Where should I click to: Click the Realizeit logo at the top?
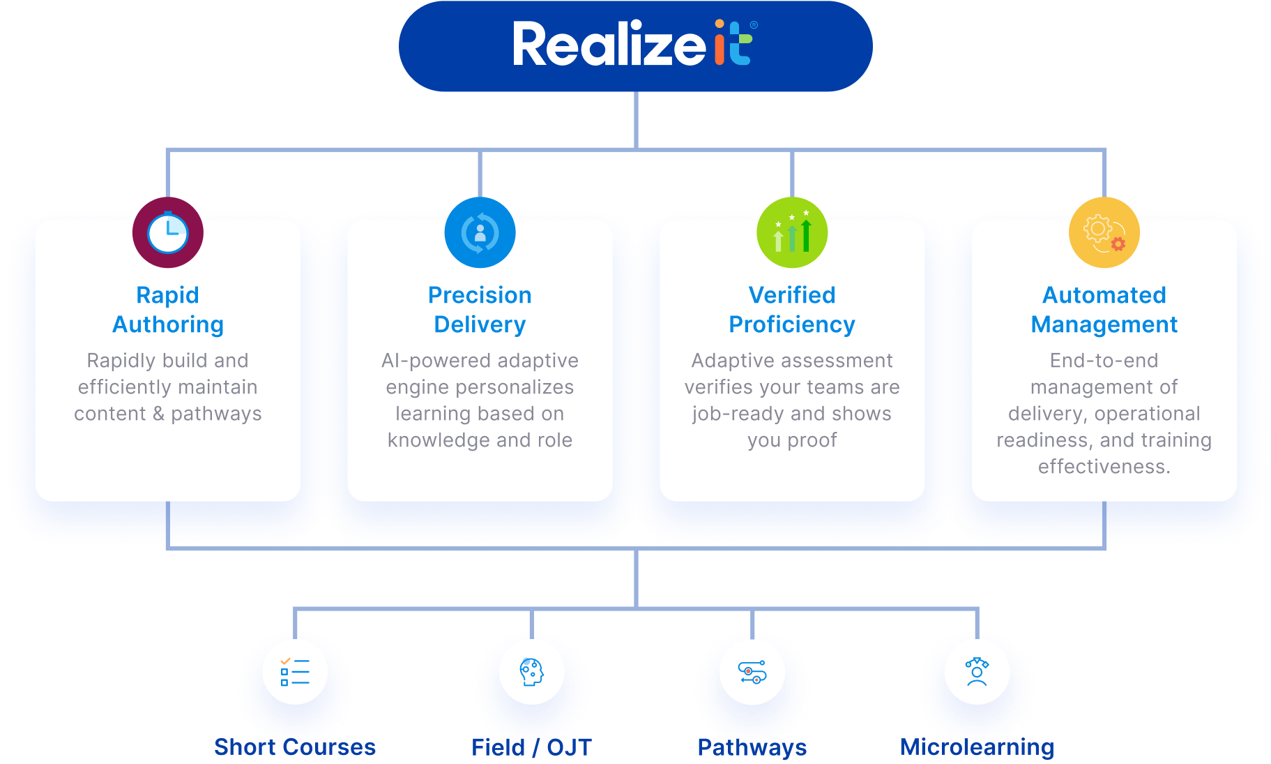[634, 45]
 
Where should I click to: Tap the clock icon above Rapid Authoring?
[168, 233]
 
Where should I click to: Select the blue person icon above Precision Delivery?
[480, 233]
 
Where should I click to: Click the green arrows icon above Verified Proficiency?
[792, 233]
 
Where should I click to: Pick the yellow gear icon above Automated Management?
[1104, 233]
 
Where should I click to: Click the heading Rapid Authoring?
[168, 310]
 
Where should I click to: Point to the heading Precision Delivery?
[480, 310]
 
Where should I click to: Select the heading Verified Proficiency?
[792, 310]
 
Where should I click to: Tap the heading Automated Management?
[1104, 310]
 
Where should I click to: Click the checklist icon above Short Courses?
[295, 672]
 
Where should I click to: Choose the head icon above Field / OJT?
[531, 672]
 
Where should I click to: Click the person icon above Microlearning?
[977, 672]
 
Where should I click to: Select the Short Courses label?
[295, 747]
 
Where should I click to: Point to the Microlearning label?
[977, 747]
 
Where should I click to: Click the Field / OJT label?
[531, 747]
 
